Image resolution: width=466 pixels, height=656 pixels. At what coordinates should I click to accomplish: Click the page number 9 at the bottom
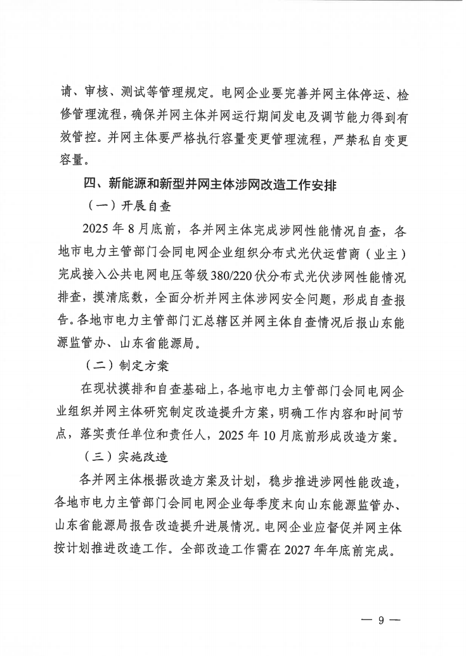click(x=382, y=621)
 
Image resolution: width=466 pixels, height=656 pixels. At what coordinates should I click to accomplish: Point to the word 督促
click(x=333, y=525)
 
